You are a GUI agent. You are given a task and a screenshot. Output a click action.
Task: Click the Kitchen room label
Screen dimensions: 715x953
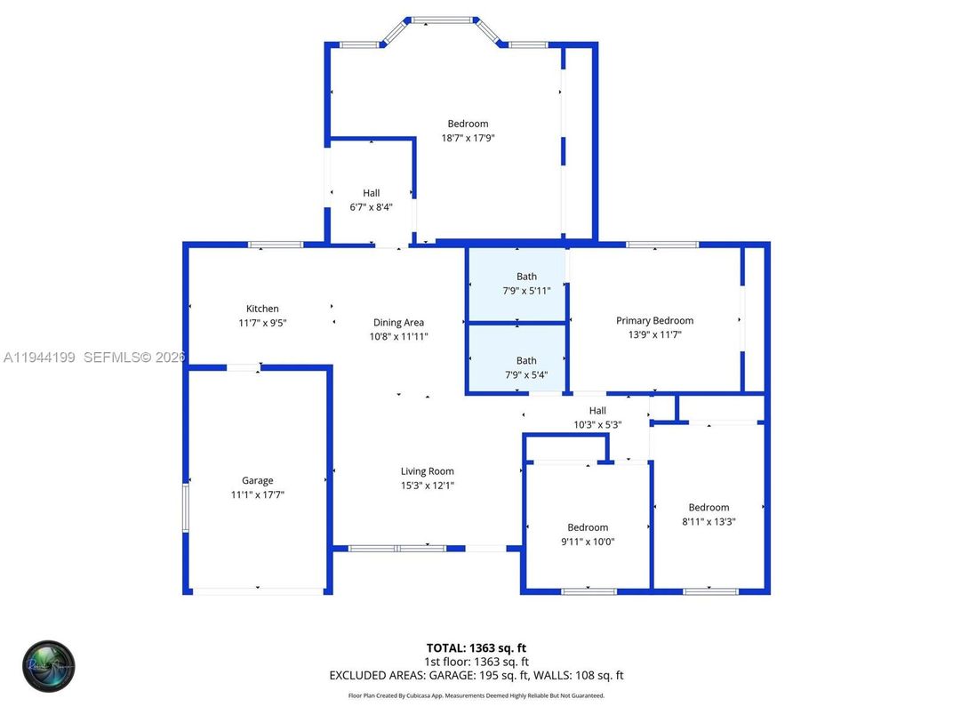pos(262,309)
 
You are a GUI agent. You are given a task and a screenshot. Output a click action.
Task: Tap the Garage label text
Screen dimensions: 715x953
pos(258,480)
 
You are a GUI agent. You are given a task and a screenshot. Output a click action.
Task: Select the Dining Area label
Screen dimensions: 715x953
pos(398,323)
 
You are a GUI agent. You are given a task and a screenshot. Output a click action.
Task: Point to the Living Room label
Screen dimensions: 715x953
pos(428,471)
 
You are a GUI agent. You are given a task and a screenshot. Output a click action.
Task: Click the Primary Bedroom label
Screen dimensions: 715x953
pos(655,320)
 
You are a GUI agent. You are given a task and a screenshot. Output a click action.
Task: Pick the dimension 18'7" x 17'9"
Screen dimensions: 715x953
pos(468,138)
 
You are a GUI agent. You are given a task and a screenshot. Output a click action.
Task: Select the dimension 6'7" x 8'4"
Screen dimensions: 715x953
pos(371,206)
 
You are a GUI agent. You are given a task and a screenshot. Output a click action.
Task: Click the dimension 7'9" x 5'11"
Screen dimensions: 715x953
pos(526,290)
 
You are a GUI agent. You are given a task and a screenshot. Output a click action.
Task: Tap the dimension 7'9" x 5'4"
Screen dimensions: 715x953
pos(526,374)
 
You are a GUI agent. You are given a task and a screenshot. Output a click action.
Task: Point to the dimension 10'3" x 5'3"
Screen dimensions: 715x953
pos(597,424)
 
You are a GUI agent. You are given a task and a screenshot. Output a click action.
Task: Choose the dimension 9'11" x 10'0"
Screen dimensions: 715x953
pos(588,541)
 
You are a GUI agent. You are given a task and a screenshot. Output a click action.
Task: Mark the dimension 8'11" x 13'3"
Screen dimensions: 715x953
pos(709,521)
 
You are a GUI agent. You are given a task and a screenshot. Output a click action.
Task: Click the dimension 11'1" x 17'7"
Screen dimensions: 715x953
pos(258,494)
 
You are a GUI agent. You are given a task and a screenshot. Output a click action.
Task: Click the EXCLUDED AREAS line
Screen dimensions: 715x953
pos(476,676)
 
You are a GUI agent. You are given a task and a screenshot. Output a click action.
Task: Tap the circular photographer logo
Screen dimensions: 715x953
pos(49,666)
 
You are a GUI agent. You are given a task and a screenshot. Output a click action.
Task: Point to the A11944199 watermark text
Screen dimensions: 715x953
pos(41,357)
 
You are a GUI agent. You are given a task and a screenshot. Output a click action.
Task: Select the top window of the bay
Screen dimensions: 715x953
pos(442,19)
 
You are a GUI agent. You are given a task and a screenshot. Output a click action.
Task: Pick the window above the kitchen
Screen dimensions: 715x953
pos(275,245)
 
